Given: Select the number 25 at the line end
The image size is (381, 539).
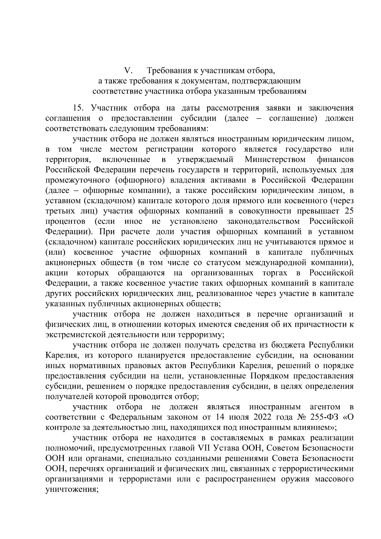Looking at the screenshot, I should click(x=349, y=211).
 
